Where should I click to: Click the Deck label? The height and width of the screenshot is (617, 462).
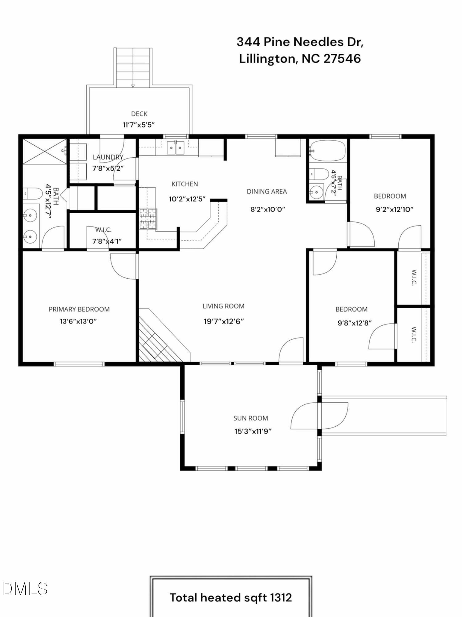[139, 114]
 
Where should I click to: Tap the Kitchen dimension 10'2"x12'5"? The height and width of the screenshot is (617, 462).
[187, 199]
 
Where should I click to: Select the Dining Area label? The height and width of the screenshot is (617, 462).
[267, 192]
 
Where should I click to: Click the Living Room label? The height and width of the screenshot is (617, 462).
[223, 306]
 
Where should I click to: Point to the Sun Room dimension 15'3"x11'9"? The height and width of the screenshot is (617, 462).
[253, 431]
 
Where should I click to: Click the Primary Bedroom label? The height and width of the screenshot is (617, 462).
[79, 309]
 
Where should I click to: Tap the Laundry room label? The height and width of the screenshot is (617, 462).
[108, 157]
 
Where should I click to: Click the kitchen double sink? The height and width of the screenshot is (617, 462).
[176, 147]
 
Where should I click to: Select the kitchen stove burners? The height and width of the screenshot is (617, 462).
[148, 219]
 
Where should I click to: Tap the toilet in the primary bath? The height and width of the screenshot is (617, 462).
[33, 194]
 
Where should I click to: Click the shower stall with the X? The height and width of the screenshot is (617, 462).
[45, 151]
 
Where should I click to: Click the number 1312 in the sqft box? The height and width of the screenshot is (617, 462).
[281, 598]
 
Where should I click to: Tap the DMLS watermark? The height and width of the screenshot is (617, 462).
[24, 589]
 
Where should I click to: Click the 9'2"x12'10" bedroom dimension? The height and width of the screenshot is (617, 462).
[395, 209]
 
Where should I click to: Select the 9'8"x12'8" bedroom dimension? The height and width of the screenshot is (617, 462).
[355, 323]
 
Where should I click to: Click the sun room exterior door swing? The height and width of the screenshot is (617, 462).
[319, 416]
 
